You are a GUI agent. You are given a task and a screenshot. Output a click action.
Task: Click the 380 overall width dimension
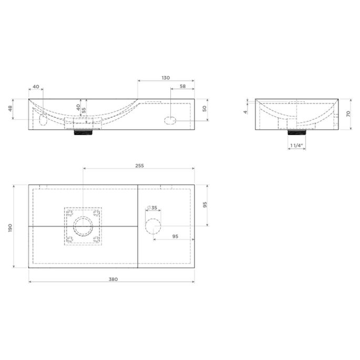pyautogui.click(x=113, y=279)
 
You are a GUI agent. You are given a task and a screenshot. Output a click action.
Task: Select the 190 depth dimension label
pyautogui.click(x=10, y=228)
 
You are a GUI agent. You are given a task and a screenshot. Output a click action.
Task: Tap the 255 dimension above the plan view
pyautogui.click(x=139, y=166)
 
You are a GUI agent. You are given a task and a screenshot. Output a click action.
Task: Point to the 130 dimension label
pyautogui.click(x=166, y=78)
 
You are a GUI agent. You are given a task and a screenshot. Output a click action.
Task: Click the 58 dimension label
pyautogui.click(x=183, y=86)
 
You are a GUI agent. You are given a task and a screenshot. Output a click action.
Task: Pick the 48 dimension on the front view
pyautogui.click(x=10, y=109)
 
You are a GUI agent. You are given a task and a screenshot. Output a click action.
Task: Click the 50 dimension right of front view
pyautogui.click(x=204, y=109)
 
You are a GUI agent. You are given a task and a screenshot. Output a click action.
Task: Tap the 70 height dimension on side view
pyautogui.click(x=348, y=114)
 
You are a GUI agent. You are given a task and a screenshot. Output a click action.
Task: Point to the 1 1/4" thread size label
pyautogui.click(x=296, y=146)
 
